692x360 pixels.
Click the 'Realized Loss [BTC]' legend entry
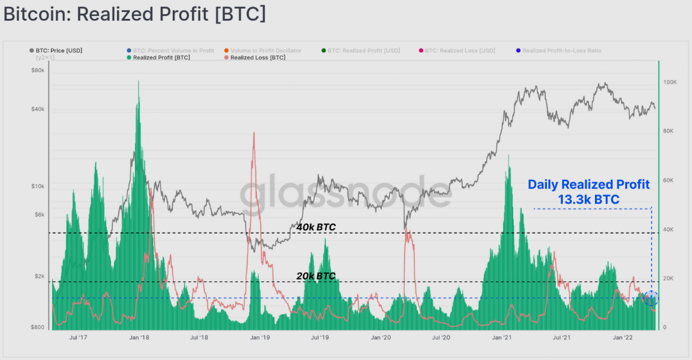pos(258,57)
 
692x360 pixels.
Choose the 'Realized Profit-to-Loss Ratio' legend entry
pos(561,50)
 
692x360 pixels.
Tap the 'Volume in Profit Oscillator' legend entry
pos(266,50)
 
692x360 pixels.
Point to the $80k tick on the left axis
pos(37,70)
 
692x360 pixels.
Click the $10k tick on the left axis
pos(37,187)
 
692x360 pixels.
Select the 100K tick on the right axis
pos(670,82)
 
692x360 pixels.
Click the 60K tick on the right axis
pos(670,180)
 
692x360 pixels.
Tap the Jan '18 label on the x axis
pos(139,337)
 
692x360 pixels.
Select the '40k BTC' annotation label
pos(316,227)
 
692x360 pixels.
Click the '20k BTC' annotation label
pos(316,276)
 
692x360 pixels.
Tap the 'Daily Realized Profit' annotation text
pos(588,185)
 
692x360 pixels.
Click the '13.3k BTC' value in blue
pos(588,200)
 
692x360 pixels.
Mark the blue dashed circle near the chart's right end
pos(651,298)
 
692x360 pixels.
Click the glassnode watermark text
pos(346,192)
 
